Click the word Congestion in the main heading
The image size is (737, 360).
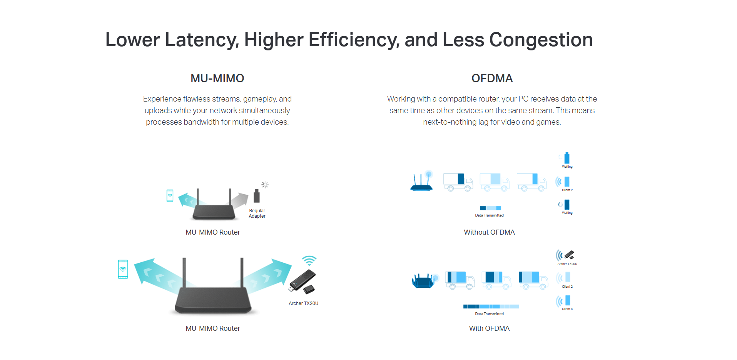(x=541, y=40)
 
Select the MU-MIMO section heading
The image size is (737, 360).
(x=217, y=78)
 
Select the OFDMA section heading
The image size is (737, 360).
(x=492, y=78)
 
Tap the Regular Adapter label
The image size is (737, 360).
(x=257, y=213)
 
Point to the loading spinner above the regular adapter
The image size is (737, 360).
(x=265, y=185)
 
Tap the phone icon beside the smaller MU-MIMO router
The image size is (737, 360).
(x=170, y=195)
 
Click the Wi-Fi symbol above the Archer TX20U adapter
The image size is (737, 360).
(x=309, y=260)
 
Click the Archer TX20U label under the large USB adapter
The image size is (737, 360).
(x=304, y=303)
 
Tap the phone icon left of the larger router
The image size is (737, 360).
(x=123, y=269)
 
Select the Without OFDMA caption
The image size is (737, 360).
(x=489, y=232)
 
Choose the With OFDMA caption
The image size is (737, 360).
(x=489, y=328)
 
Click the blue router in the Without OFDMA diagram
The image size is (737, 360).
(x=422, y=181)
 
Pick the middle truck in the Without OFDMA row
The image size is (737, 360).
(x=495, y=182)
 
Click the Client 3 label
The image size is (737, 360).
(x=567, y=309)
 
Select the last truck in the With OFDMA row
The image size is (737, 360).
(x=533, y=280)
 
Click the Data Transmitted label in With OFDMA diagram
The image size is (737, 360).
(x=489, y=314)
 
